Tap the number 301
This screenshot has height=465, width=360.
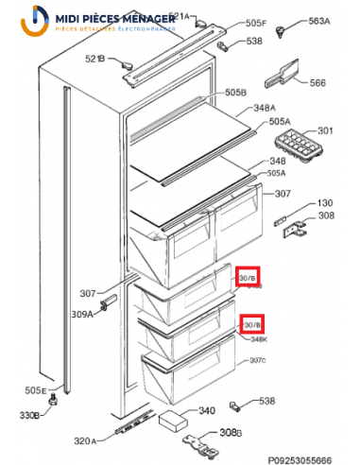[325, 130]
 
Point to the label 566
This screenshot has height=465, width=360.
[317, 82]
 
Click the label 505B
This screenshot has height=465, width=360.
[235, 93]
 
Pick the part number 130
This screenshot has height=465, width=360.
[324, 203]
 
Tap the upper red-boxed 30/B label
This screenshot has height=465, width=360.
[248, 278]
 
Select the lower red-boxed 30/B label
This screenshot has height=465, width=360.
[252, 325]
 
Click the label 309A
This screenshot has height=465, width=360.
[83, 314]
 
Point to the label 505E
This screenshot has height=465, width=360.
[36, 390]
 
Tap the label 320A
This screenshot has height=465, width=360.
[87, 441]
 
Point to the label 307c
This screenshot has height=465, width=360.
[257, 361]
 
